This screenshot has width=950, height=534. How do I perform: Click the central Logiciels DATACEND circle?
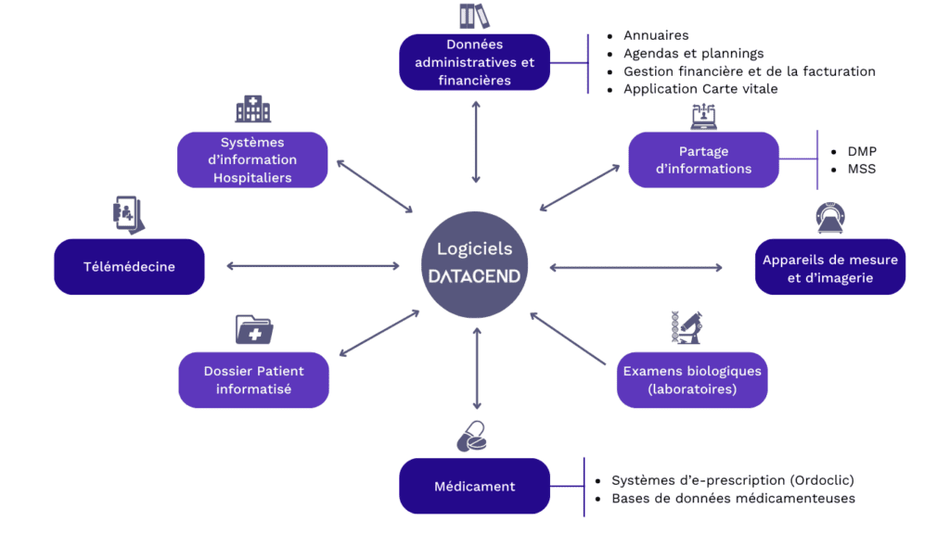point(475,265)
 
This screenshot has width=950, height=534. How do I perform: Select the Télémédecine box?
point(129,267)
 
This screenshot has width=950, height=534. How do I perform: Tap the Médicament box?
point(474,486)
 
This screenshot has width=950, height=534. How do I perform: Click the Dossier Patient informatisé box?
point(253,380)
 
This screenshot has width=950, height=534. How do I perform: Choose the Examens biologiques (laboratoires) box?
point(692,380)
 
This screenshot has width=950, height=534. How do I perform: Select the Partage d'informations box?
point(703,159)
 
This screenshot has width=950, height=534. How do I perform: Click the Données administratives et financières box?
point(475,62)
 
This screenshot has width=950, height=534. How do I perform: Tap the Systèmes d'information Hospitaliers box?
point(252,159)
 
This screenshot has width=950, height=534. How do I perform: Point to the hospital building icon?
point(252,109)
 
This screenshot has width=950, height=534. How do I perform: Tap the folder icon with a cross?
point(253,329)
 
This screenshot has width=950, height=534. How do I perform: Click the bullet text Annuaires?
point(656,36)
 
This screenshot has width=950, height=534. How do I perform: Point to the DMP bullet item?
point(862,151)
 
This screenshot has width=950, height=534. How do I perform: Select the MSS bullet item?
point(861,169)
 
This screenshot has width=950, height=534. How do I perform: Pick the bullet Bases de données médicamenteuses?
point(733,499)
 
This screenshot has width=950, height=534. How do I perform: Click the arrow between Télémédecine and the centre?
point(313,267)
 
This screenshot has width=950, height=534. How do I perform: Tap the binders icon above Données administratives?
point(474,16)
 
